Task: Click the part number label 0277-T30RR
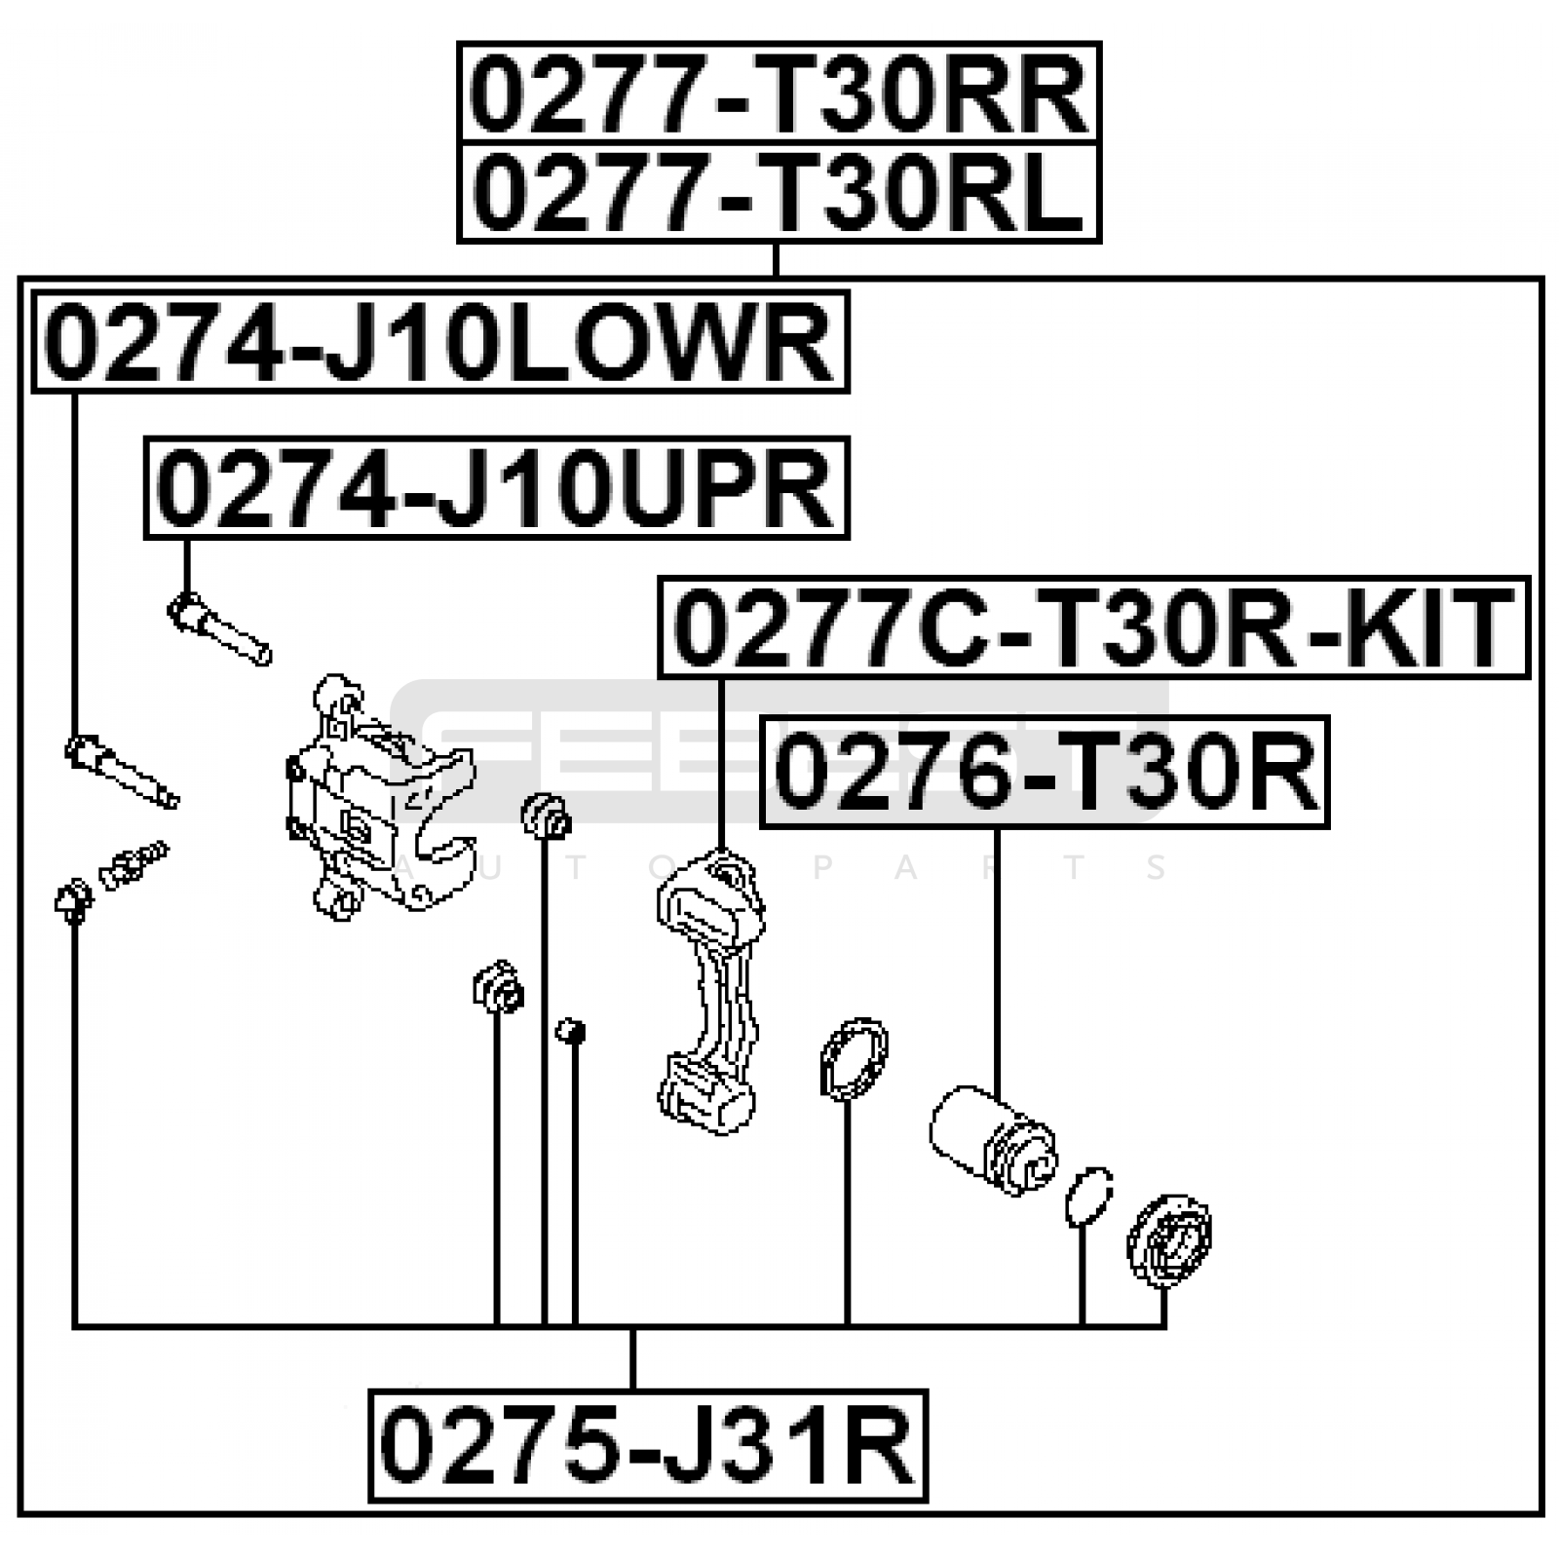point(779,95)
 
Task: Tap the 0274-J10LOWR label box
point(440,341)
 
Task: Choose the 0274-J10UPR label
point(497,488)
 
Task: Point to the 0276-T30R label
point(1045,772)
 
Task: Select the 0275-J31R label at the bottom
point(648,1445)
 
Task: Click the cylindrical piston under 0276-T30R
point(992,1135)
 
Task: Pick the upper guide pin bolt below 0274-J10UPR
point(219,629)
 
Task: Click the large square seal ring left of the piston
point(854,1059)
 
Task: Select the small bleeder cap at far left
point(73,897)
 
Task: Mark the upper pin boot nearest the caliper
point(546,817)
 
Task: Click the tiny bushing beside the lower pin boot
point(570,1031)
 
